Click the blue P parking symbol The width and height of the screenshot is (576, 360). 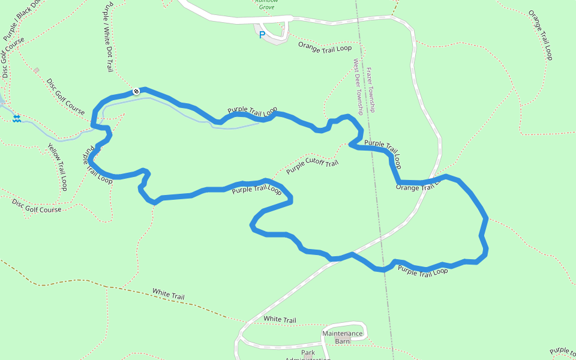tap(262, 35)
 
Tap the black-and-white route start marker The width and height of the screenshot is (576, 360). tap(137, 91)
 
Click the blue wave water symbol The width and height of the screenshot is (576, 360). tap(17, 119)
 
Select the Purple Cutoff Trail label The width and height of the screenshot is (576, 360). tap(312, 166)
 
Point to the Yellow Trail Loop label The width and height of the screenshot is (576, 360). tap(58, 167)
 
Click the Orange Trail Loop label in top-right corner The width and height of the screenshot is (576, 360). tap(541, 35)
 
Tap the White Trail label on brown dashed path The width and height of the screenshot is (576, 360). tap(168, 294)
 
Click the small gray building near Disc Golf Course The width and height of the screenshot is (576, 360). tap(36, 70)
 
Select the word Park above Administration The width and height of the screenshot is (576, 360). tap(308, 352)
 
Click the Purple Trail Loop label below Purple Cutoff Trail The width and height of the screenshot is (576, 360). tap(256, 190)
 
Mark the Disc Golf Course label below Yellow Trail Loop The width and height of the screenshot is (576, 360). tap(37, 206)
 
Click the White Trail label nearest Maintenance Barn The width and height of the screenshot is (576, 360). tap(280, 319)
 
